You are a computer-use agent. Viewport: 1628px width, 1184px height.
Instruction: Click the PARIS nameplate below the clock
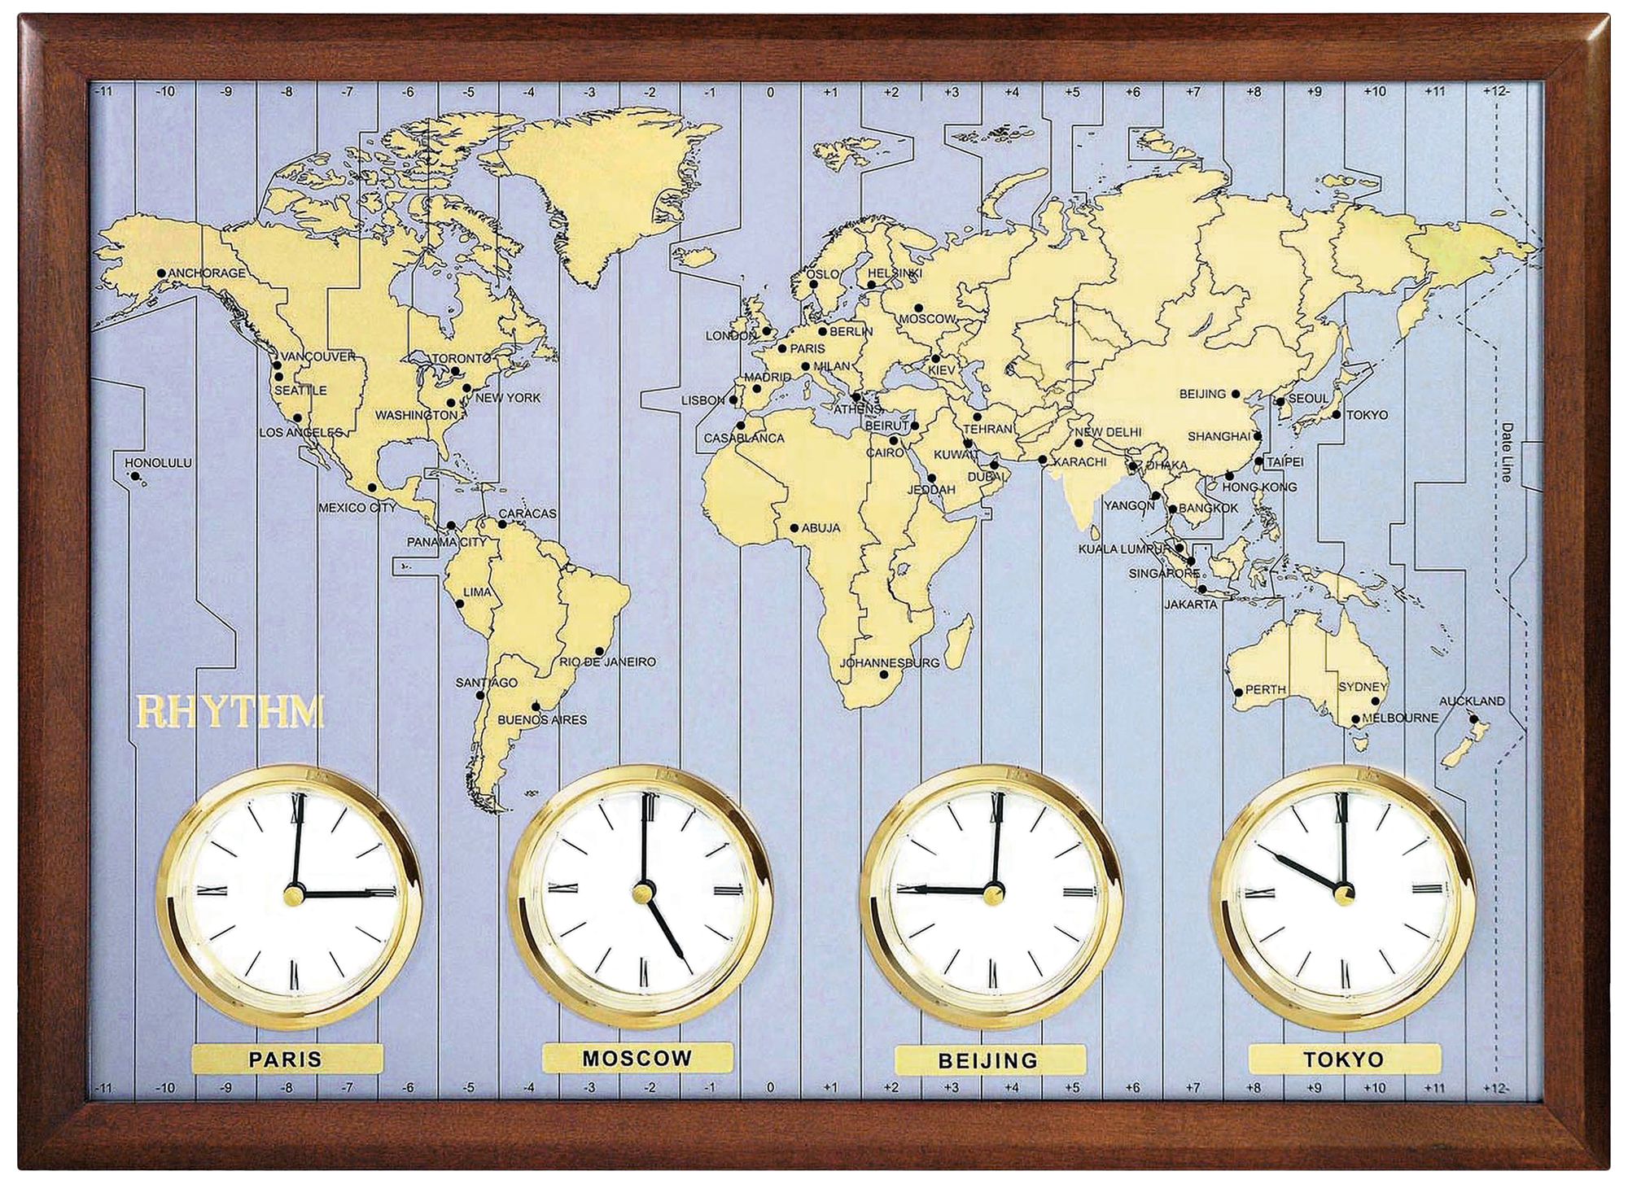coord(285,1059)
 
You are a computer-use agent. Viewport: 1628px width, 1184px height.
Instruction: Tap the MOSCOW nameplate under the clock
coord(637,1058)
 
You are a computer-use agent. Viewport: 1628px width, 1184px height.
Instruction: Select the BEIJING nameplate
coord(989,1059)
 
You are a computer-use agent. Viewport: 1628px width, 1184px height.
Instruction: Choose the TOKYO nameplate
coord(1343,1059)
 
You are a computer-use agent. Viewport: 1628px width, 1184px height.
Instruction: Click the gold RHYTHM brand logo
coord(230,710)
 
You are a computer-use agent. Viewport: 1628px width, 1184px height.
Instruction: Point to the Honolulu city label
coord(158,463)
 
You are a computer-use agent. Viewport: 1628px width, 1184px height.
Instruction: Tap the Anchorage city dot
coord(161,273)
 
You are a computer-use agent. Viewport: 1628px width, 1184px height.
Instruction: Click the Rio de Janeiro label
coord(607,662)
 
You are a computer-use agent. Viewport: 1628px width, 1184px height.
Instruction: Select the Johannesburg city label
coord(889,662)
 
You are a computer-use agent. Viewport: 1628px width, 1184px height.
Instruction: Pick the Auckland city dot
coord(1473,719)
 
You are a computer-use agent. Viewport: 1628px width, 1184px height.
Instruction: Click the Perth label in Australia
coord(1265,689)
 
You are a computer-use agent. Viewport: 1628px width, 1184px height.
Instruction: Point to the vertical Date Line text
coord(1507,452)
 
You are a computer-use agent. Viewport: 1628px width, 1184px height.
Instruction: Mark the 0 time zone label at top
coord(770,92)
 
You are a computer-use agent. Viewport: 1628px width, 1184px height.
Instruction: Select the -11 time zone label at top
coord(103,92)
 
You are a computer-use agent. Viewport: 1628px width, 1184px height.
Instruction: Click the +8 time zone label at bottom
coord(1254,1087)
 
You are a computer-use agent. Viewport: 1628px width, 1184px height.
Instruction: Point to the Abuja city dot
coord(794,528)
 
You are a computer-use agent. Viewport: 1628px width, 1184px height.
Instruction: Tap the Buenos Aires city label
coord(541,719)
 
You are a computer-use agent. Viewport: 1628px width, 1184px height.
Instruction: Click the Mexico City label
coord(357,507)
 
